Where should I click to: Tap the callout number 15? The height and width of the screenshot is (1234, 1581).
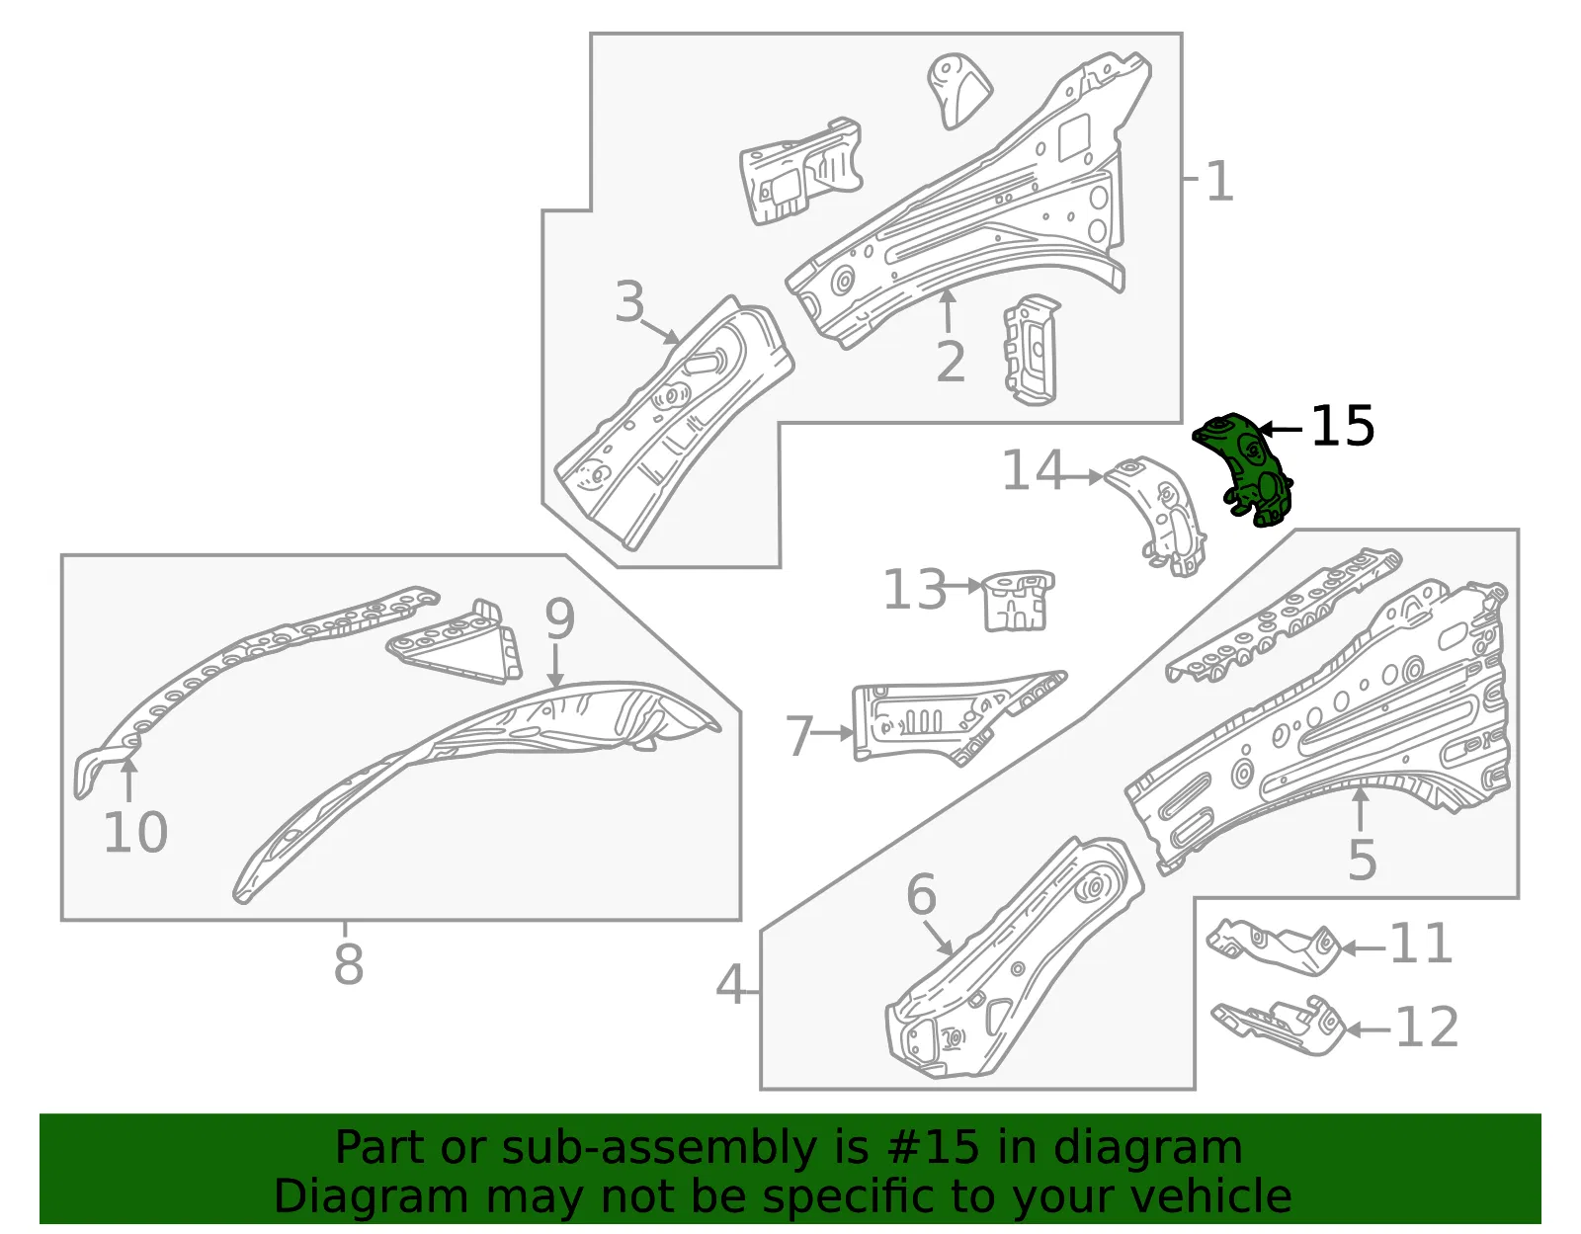[x=1342, y=426]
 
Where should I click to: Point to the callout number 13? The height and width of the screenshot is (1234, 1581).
[x=915, y=588]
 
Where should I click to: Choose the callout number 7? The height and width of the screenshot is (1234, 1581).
[x=799, y=735]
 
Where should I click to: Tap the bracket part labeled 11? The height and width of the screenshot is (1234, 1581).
[x=1274, y=946]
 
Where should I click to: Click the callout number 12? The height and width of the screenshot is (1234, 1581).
[x=1427, y=1027]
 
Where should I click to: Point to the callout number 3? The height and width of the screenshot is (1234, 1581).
[x=629, y=300]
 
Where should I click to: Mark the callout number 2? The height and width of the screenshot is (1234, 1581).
[x=951, y=361]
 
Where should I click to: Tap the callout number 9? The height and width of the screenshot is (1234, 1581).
[x=559, y=618]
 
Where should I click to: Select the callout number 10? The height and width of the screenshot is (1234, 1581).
[x=135, y=832]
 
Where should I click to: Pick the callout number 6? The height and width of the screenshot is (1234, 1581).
[x=921, y=895]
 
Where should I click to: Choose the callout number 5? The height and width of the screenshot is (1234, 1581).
[x=1362, y=859]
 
